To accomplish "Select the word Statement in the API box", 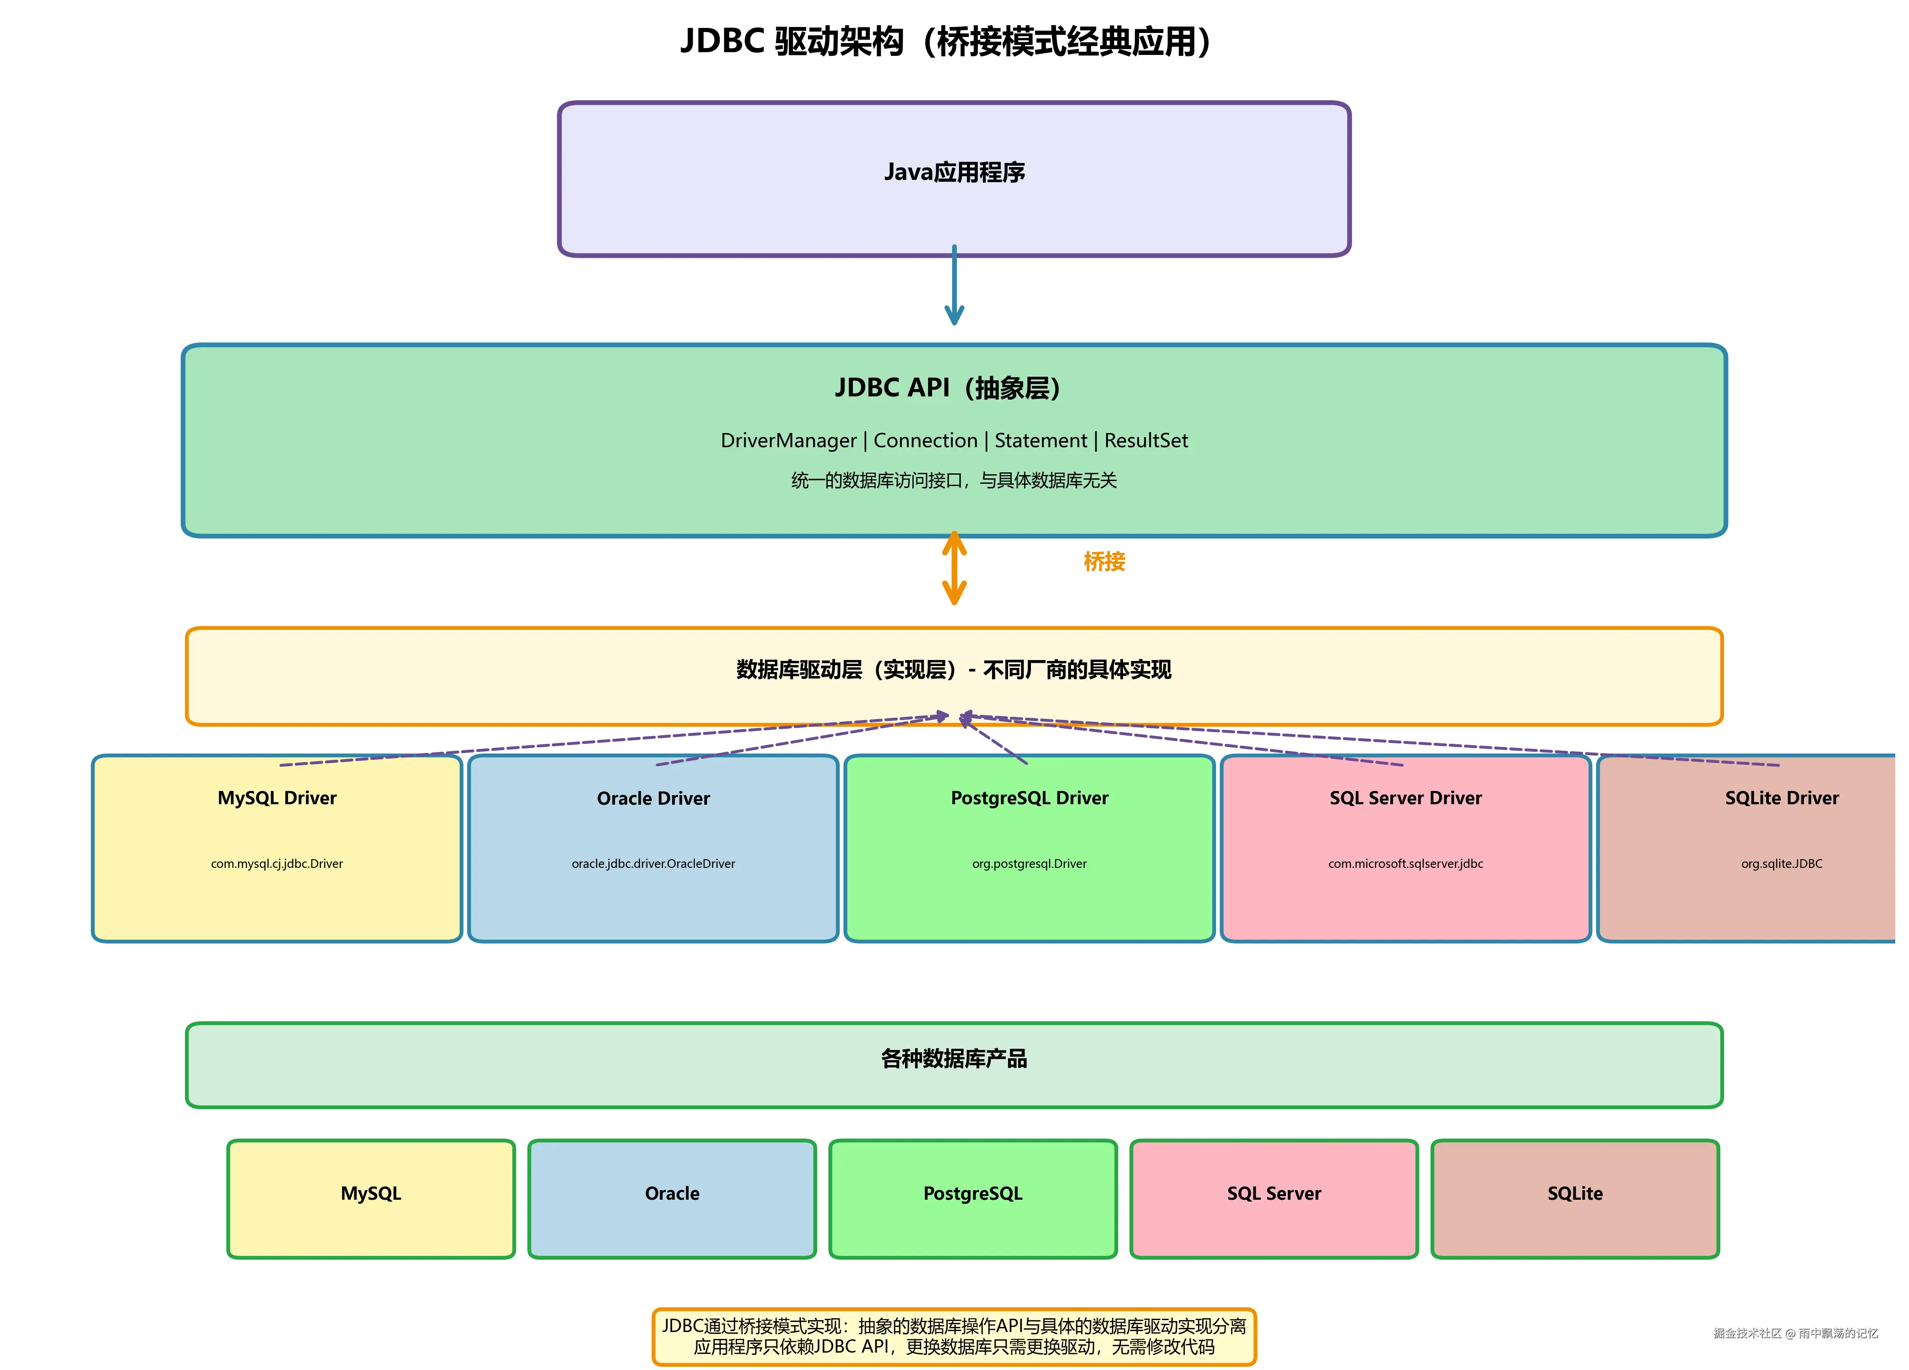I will pos(1041,440).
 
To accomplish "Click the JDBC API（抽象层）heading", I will pos(948,388).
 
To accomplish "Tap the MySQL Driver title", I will pos(277,798).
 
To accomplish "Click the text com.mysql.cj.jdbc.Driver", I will pos(277,863).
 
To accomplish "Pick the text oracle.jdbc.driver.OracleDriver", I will pos(653,863).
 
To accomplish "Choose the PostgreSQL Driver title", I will pos(1030,798).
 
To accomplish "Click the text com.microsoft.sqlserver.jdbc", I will pos(1406,863).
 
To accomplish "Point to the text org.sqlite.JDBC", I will pos(1781,863).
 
